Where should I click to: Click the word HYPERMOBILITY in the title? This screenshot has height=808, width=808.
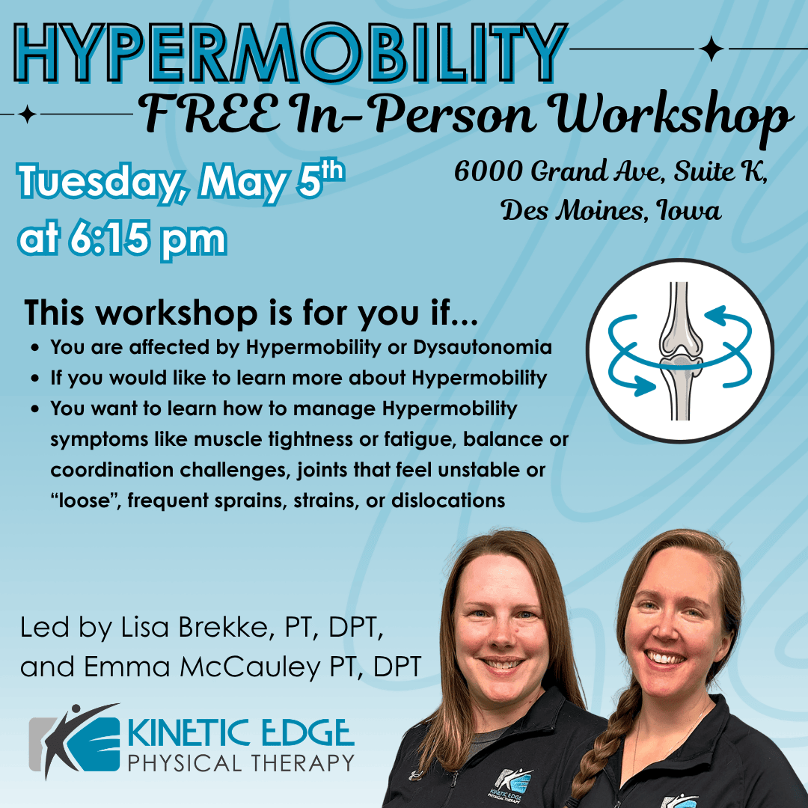pos(290,53)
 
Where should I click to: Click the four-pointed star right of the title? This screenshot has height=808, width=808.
pos(711,49)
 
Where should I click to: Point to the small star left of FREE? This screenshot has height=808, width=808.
pos(27,114)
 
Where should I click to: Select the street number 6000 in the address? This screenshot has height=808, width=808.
pos(488,171)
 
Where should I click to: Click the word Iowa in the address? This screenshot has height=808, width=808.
pos(688,210)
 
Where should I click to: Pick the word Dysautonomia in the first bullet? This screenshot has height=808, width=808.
pos(483,347)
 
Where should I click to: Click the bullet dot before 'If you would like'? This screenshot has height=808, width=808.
pos(35,379)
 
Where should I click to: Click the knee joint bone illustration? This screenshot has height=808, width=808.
pos(681,350)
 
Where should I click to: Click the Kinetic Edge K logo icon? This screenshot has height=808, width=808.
pos(75,740)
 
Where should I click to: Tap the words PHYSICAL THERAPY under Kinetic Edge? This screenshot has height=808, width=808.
pos(241,763)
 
